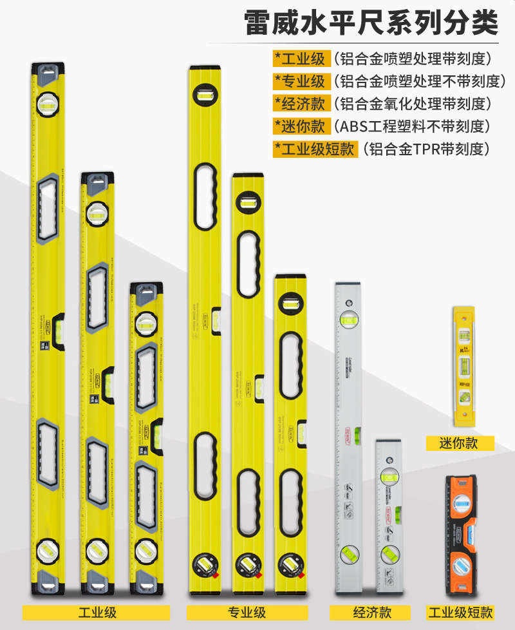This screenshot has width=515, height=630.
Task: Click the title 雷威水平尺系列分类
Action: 371,24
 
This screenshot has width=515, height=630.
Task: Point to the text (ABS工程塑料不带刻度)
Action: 412,126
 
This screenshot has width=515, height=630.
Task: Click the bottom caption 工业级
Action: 97,612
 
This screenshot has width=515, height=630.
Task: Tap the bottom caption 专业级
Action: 247,612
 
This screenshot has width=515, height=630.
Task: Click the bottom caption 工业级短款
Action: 461,612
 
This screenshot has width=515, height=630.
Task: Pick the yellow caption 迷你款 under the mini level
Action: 460,443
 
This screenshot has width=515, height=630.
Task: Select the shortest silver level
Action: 389,515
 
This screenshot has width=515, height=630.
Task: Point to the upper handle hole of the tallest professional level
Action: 206,196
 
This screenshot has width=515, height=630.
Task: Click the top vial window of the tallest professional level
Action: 206,95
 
